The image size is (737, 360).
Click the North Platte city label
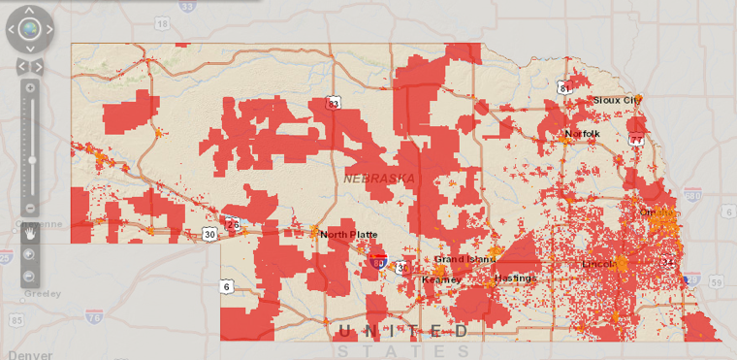pyautogui.click(x=348, y=234)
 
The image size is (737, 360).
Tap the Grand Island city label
pyautogui.click(x=464, y=259)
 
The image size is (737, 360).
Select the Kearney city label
pyautogui.click(x=441, y=279)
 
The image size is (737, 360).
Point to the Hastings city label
pyautogui.click(x=515, y=278)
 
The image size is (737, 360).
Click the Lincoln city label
pyautogui.click(x=598, y=263)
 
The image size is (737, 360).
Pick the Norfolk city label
pyautogui.click(x=582, y=133)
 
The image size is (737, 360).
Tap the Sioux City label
pyautogui.click(x=617, y=99)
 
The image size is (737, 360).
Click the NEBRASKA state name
pyautogui.click(x=378, y=179)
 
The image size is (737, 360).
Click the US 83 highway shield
pyautogui.click(x=334, y=102)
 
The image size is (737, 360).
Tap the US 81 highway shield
pyautogui.click(x=564, y=87)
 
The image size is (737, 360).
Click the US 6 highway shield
pyautogui.click(x=227, y=286)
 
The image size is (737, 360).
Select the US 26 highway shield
pyautogui.click(x=233, y=225)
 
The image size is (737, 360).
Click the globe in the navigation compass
pyautogui.click(x=29, y=29)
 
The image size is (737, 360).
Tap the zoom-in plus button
pyautogui.click(x=30, y=88)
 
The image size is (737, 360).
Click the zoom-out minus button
pyautogui.click(x=30, y=208)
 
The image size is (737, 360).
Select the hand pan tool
pyautogui.click(x=30, y=233)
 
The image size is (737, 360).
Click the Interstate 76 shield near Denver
pyautogui.click(x=93, y=316)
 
